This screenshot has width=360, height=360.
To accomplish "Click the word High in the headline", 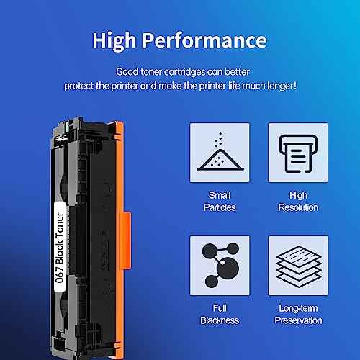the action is point(114,41).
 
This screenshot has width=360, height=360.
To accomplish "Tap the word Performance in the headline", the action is point(204,40).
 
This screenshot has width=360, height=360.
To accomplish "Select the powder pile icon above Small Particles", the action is point(220,152).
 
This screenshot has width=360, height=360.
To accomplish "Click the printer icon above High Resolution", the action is point(298,153).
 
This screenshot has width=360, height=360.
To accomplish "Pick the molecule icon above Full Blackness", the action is point(220,265).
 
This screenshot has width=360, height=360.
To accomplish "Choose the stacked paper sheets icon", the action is point(299,266).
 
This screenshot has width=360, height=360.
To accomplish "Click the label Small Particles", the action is point(220,202).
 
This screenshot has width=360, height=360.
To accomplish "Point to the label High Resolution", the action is point(298,202).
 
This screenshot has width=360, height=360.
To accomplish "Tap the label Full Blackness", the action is point(220,315).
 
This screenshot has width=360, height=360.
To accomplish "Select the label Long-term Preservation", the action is point(298,315).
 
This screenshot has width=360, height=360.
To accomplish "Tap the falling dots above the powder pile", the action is point(219,139).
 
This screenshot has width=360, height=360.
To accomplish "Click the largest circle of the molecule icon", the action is point(228,267).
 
